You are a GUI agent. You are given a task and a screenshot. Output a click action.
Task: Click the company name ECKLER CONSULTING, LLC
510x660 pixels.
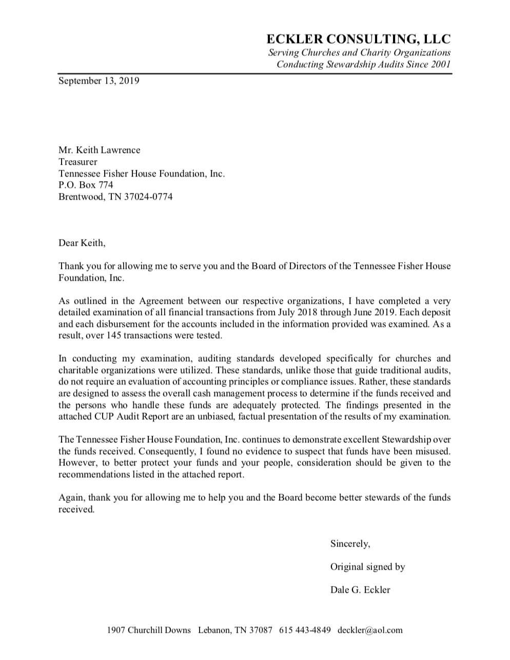358,39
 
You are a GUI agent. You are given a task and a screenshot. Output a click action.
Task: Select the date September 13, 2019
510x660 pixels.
99,81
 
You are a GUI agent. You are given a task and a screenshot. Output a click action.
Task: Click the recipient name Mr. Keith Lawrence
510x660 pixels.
99,150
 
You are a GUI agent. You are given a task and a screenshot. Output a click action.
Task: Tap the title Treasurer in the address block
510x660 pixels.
77,162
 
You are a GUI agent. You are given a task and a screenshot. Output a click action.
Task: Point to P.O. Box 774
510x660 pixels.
86,185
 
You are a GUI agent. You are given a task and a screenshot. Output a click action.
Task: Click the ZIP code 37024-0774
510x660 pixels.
148,197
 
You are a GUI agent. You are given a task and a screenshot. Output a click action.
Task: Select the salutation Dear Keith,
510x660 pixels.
82,243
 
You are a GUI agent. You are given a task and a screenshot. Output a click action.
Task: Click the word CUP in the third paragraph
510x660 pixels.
105,416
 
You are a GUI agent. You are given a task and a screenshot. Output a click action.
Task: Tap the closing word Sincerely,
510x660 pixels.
350,543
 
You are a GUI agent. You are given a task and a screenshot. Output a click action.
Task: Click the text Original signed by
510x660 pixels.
367,567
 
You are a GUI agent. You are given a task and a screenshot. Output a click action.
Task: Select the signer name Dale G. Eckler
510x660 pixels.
360,590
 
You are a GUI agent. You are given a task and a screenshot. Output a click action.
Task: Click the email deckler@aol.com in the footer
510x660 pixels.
370,630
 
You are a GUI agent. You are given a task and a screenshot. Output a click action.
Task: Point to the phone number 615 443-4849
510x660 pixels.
305,630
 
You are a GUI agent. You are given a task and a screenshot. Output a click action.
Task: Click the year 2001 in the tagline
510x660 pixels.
440,64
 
